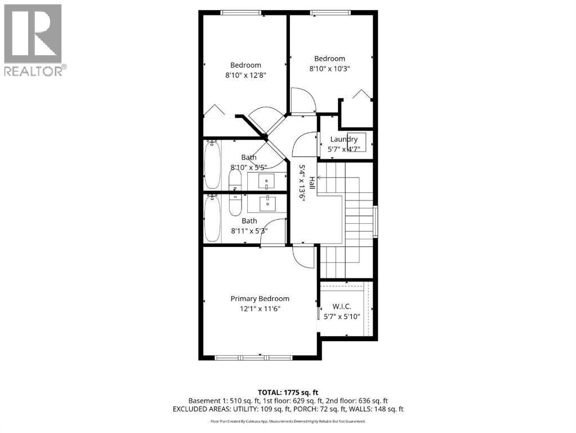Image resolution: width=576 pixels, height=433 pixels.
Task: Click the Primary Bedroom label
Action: pos(260,299)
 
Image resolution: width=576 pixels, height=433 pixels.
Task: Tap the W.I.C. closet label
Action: pos(342,306)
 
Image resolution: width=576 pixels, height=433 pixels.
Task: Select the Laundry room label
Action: pos(343,139)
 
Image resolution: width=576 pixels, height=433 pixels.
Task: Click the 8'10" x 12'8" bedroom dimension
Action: pos(245,76)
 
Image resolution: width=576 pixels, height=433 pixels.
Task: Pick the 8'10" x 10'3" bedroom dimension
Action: pos(329,69)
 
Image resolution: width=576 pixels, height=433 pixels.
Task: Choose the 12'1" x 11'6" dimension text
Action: pos(260,309)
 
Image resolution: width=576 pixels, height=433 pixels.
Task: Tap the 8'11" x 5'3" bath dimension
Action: pos(249,231)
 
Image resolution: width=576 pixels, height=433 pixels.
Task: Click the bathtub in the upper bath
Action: pos(212,164)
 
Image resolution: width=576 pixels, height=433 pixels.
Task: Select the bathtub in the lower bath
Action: pos(212,218)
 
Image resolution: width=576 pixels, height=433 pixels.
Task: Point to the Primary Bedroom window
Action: pos(253,357)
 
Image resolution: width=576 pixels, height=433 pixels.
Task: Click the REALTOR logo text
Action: pos(34,71)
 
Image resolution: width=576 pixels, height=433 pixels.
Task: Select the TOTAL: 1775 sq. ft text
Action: pos(288,392)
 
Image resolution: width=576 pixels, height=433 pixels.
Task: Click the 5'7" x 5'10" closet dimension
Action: pos(342,316)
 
